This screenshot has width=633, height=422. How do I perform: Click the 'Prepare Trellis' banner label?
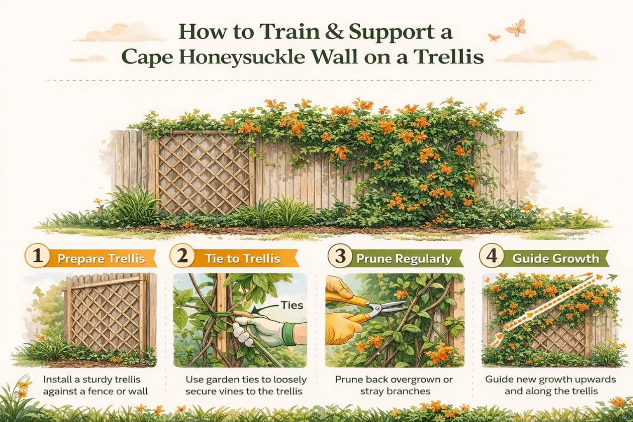click(101, 259)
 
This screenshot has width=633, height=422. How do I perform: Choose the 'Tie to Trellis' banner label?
click(242, 259)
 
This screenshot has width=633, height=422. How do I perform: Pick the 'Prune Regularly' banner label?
click(404, 259)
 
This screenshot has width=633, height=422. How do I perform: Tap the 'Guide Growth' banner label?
click(555, 259)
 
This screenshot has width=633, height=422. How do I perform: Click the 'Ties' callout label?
click(292, 305)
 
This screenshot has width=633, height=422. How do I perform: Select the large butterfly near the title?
click(515, 28)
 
